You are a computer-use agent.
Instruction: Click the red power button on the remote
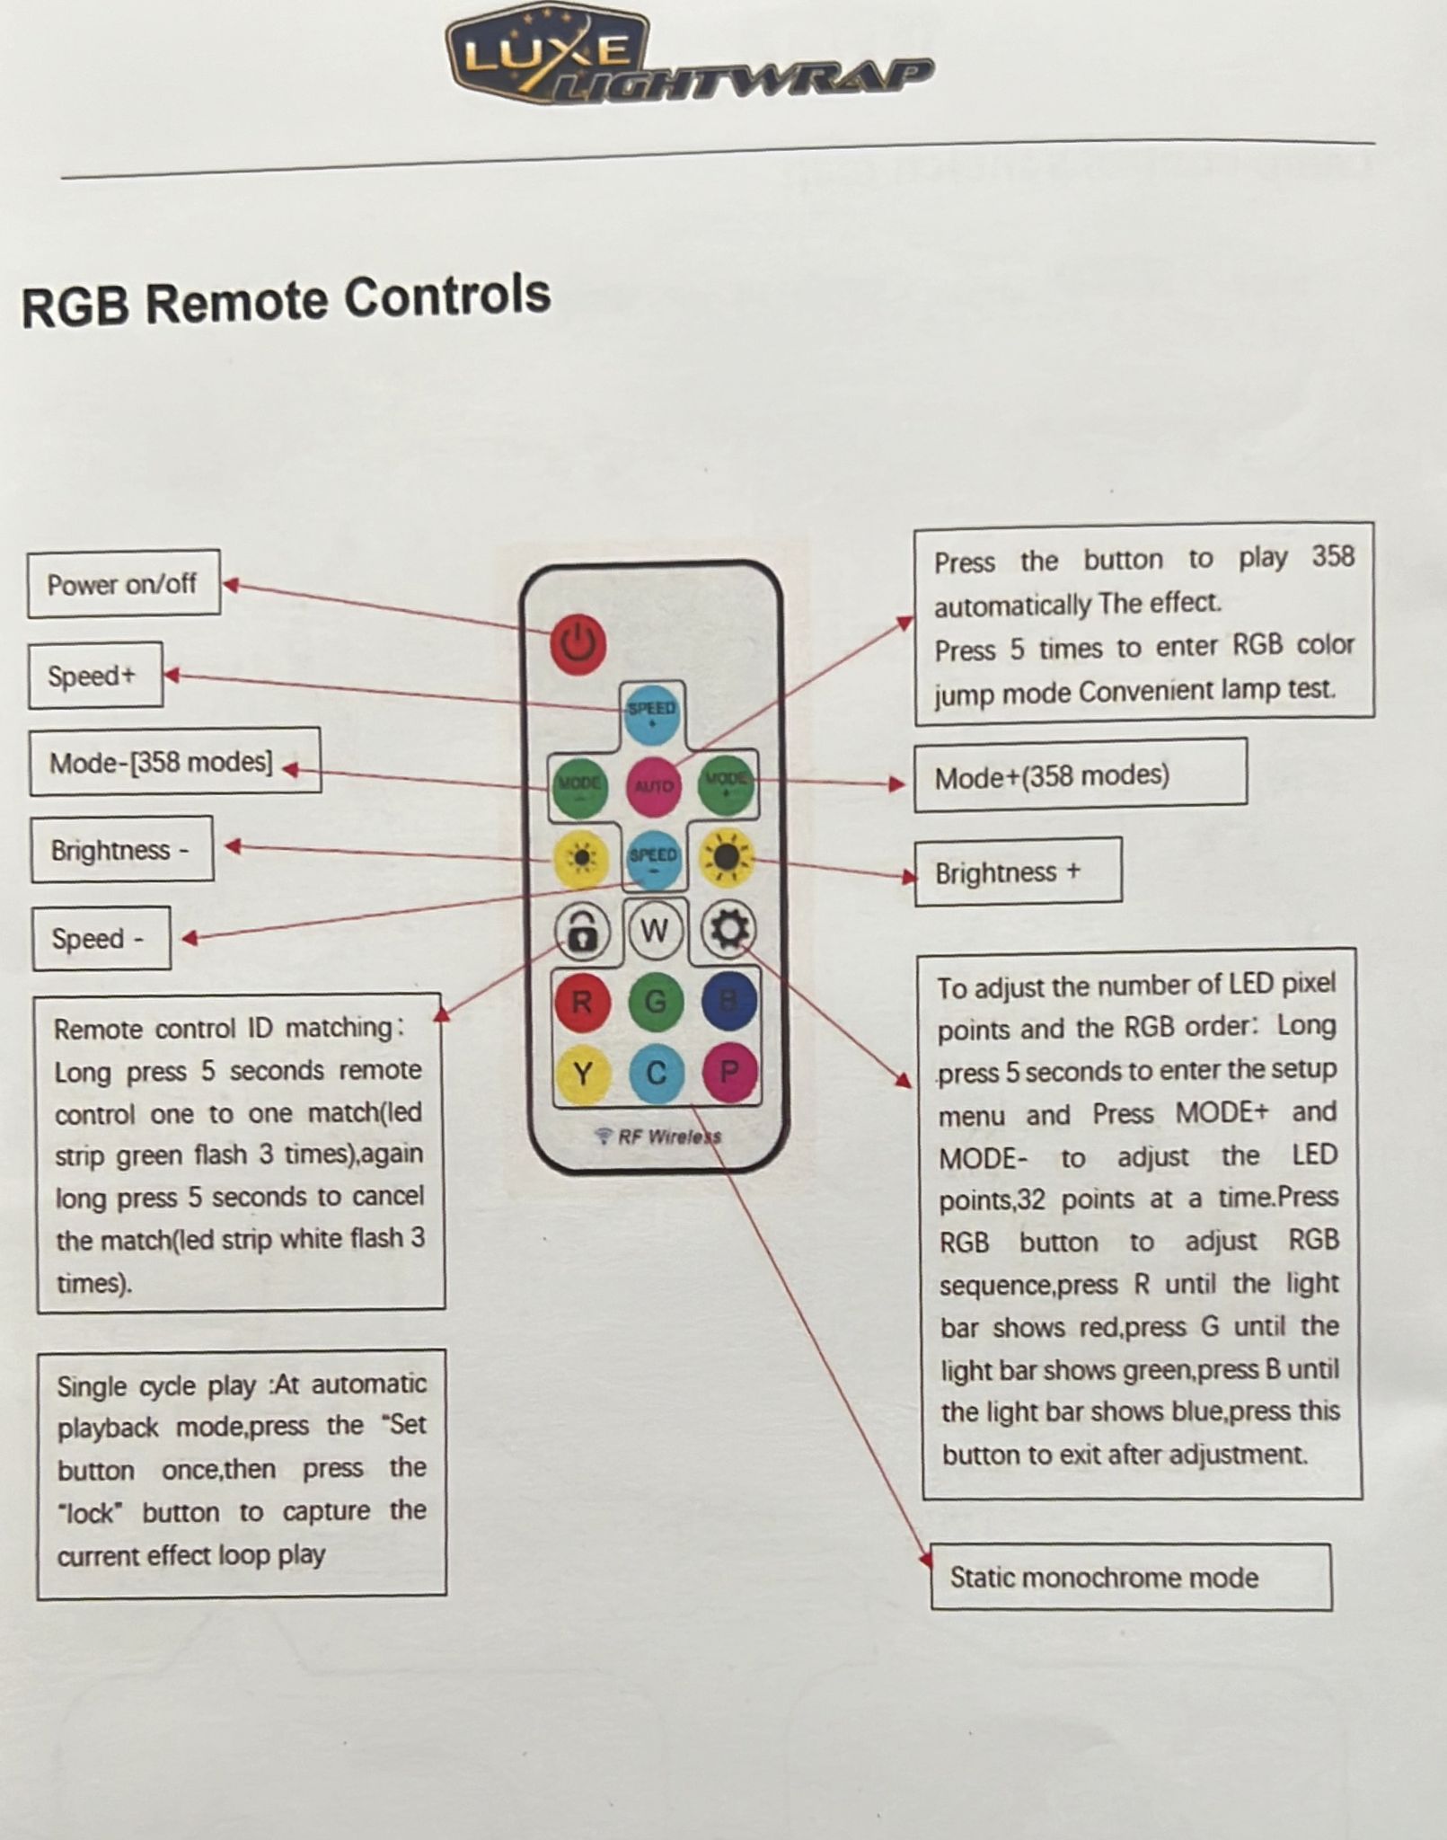578,643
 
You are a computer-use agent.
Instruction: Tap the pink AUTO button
653,786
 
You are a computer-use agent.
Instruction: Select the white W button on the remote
655,931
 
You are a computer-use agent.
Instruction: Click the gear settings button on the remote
728,929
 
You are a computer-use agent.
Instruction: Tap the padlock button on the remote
582,932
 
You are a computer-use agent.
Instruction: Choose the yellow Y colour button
582,1074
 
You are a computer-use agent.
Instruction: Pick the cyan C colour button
656,1074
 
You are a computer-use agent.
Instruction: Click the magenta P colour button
729,1072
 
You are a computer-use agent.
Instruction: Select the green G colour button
656,1001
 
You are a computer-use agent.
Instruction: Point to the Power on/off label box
123,584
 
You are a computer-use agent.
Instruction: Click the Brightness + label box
1017,871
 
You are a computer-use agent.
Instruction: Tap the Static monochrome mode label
1130,1578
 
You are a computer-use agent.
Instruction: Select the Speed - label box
101,939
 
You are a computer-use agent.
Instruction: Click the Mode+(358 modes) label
1080,775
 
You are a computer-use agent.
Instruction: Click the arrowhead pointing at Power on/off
230,585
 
